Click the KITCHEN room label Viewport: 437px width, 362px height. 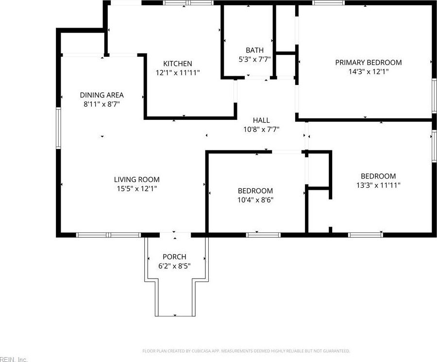[x=177, y=64]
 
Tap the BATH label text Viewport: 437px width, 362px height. [x=254, y=50]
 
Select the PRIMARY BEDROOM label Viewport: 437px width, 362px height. [x=369, y=62]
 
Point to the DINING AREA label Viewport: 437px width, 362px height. [x=102, y=95]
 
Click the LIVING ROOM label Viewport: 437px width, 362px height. [x=136, y=180]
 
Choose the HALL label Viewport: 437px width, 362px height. [x=261, y=120]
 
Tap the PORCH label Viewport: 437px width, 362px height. [x=174, y=257]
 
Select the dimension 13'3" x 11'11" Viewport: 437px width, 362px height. [x=378, y=185]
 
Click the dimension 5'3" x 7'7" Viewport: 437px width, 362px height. [x=254, y=59]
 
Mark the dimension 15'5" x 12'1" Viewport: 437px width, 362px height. [x=136, y=188]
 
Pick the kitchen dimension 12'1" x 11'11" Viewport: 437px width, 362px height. [x=177, y=72]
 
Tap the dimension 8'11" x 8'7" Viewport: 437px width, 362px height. [x=102, y=104]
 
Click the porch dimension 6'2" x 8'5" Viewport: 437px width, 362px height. [x=174, y=265]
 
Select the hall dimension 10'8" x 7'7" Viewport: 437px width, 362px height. [x=261, y=129]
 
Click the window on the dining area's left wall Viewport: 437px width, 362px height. [x=58, y=128]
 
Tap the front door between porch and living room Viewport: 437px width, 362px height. [x=175, y=235]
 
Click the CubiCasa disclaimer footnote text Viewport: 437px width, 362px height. [x=246, y=351]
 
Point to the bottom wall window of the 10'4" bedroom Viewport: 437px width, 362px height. [x=263, y=235]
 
